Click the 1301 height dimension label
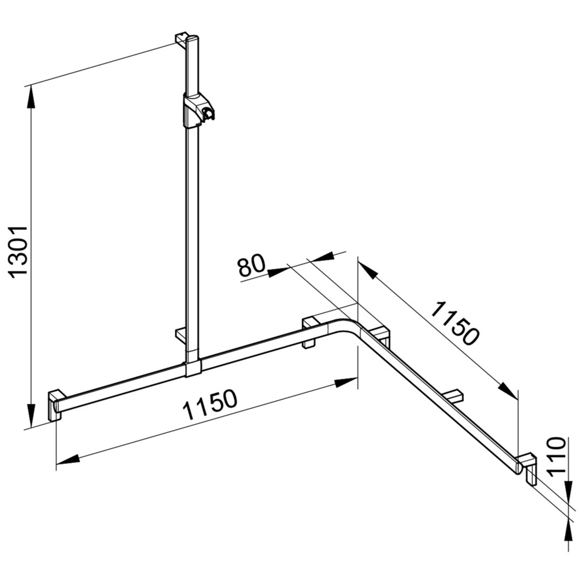18,252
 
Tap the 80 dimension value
251,265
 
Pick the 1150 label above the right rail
456,323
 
